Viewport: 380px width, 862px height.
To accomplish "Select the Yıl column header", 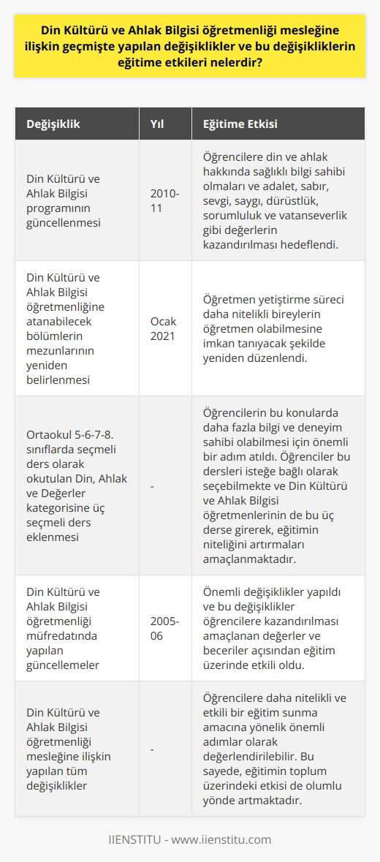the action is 156,124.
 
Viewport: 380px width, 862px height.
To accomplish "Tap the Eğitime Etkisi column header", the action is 235,124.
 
